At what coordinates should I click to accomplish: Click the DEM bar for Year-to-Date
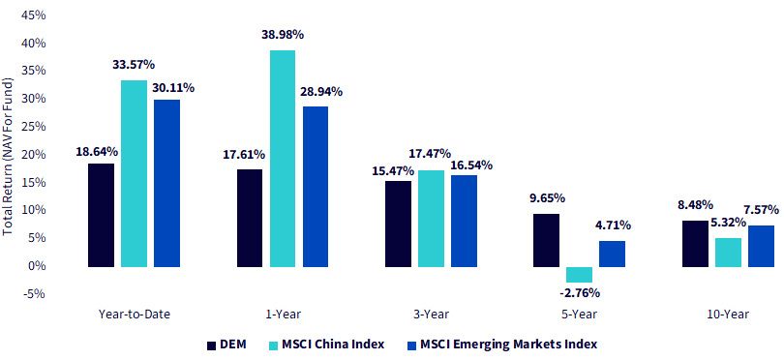point(101,215)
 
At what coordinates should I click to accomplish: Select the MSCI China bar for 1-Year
point(283,159)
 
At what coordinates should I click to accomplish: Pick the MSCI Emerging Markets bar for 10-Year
point(761,246)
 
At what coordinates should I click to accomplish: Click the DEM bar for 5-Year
point(547,240)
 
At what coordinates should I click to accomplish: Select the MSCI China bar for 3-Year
point(431,219)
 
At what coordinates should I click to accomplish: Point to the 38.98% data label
point(283,36)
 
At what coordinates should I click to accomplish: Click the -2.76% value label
point(580,292)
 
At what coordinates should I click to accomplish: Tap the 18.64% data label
point(97,151)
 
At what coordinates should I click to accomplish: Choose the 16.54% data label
point(470,165)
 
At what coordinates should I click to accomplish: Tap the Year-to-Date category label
point(134,315)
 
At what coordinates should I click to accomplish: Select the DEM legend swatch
point(211,345)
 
